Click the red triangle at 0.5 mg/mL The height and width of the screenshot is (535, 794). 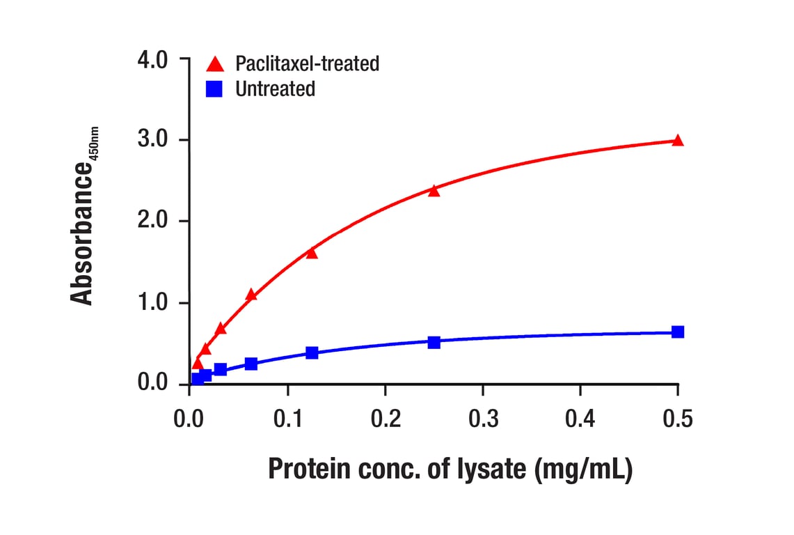pyautogui.click(x=678, y=140)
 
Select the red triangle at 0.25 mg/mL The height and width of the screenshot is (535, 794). pyautogui.click(x=434, y=190)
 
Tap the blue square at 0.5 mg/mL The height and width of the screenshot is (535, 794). pyautogui.click(x=678, y=332)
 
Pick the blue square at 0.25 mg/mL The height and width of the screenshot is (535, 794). pyautogui.click(x=434, y=342)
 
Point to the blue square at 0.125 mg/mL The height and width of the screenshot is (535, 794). pyautogui.click(x=312, y=352)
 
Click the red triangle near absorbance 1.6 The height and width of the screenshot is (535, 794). pyautogui.click(x=312, y=253)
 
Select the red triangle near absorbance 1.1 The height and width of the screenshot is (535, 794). pyautogui.click(x=251, y=295)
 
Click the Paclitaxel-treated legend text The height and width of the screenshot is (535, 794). pyautogui.click(x=307, y=64)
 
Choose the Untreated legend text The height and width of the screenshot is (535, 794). pyautogui.click(x=275, y=89)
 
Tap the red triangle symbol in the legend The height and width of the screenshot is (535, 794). pyautogui.click(x=215, y=64)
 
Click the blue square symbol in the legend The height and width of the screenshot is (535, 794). pyautogui.click(x=215, y=89)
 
